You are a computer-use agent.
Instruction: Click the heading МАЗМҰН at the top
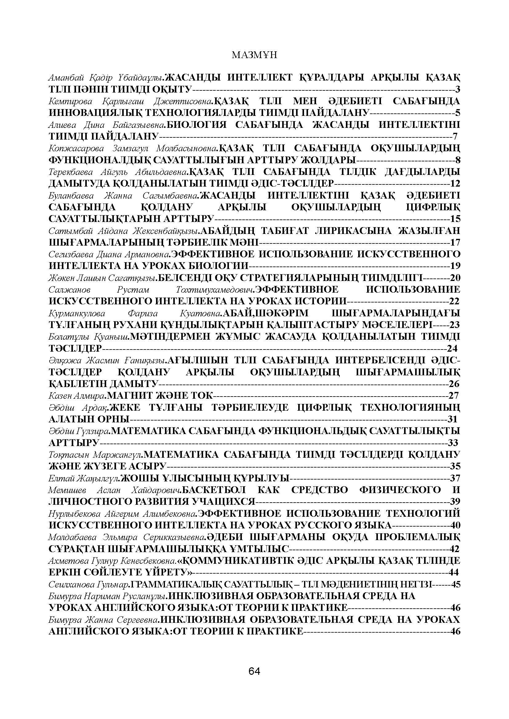[254, 55]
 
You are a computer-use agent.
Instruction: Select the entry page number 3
[458, 89]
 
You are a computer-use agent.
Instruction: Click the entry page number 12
[455, 183]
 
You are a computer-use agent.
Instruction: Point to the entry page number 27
[454, 396]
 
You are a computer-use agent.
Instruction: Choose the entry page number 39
[455, 501]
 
